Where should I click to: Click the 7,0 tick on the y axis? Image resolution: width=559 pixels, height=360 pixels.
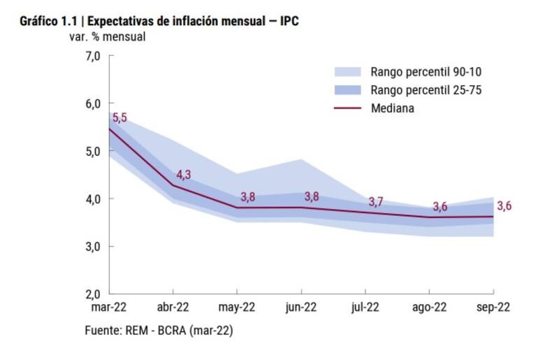pyautogui.click(x=93, y=55)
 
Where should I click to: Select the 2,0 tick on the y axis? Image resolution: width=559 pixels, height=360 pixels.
pyautogui.click(x=93, y=294)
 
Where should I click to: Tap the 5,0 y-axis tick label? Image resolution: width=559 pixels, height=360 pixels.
pyautogui.click(x=93, y=151)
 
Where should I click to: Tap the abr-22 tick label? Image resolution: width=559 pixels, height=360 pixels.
pyautogui.click(x=173, y=307)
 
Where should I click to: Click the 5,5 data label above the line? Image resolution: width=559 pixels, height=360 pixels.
pyautogui.click(x=119, y=117)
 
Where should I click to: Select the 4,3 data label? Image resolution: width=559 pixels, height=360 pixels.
pyautogui.click(x=183, y=174)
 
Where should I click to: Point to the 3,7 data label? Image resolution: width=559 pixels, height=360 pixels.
pyautogui.click(x=376, y=202)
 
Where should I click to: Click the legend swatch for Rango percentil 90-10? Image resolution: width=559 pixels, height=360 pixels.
pyautogui.click(x=347, y=71)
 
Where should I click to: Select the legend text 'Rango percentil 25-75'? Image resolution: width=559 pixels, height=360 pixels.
pyautogui.click(x=426, y=90)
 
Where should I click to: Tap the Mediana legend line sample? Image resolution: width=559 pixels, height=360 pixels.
pyautogui.click(x=347, y=108)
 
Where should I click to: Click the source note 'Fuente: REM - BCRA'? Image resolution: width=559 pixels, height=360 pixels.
pyautogui.click(x=159, y=330)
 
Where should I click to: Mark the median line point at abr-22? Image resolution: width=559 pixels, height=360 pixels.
pyautogui.click(x=173, y=185)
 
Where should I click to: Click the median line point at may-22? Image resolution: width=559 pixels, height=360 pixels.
pyautogui.click(x=237, y=208)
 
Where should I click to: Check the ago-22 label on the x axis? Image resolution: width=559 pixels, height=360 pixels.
pyautogui.click(x=430, y=307)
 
